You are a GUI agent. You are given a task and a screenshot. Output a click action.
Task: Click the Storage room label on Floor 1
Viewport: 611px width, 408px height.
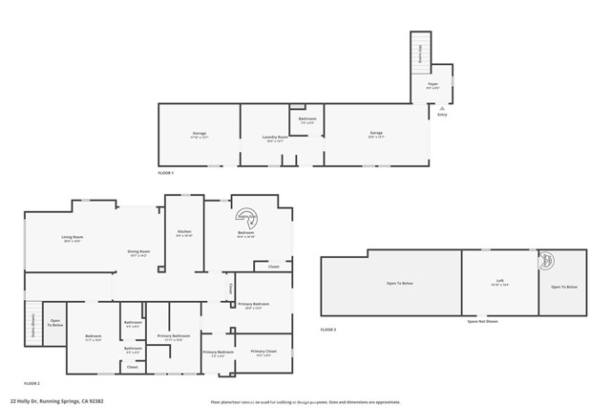pyautogui.click(x=200, y=134)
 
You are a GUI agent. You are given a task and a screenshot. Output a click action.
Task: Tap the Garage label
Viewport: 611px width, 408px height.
pyautogui.click(x=376, y=134)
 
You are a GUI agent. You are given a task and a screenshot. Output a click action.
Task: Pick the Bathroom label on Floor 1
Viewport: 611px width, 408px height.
pyautogui.click(x=308, y=119)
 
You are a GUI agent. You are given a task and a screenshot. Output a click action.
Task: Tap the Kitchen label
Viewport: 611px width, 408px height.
pyautogui.click(x=185, y=233)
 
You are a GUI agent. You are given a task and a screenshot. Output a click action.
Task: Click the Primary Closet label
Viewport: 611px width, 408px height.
pyautogui.click(x=263, y=353)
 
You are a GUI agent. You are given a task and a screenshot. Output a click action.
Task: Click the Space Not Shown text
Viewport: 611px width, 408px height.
pyautogui.click(x=482, y=322)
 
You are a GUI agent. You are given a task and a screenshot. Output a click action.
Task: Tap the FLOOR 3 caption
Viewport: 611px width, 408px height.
pyautogui.click(x=328, y=330)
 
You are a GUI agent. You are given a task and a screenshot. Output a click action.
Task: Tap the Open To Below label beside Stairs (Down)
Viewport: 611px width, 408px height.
pyautogui.click(x=55, y=323)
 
